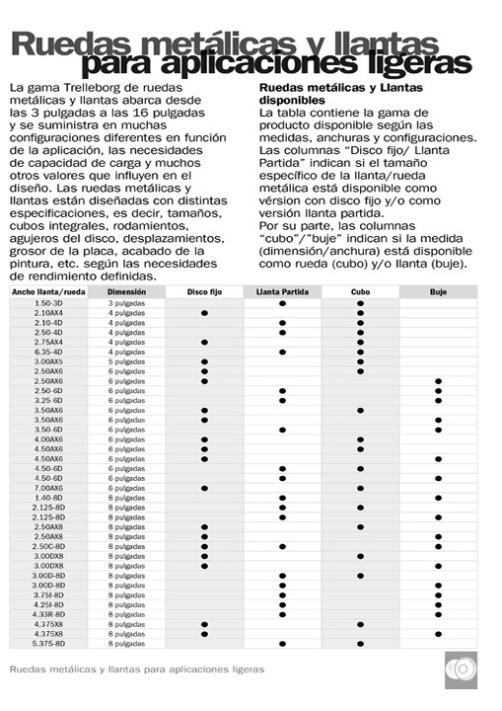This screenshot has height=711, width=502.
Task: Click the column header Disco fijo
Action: pyautogui.click(x=204, y=292)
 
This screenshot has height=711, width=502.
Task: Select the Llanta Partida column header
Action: pyautogui.click(x=282, y=292)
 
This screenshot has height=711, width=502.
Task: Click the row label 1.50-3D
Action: pyautogui.click(x=48, y=303)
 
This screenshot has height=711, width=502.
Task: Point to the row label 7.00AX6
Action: pyautogui.click(x=48, y=488)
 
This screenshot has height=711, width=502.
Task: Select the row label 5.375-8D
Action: pyautogui.click(x=48, y=643)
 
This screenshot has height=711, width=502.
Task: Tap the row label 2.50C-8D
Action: pyautogui.click(x=48, y=546)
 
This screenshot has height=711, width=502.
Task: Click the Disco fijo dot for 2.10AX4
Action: pyautogui.click(x=204, y=313)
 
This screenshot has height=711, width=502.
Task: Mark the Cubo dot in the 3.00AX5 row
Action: pyautogui.click(x=360, y=361)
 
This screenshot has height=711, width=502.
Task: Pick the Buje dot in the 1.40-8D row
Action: pyautogui.click(x=438, y=498)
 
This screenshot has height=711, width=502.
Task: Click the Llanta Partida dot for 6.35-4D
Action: pyautogui.click(x=282, y=352)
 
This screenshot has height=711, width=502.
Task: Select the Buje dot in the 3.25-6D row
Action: pyautogui.click(x=438, y=400)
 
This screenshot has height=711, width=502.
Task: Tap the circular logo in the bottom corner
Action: pyautogui.click(x=460, y=669)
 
